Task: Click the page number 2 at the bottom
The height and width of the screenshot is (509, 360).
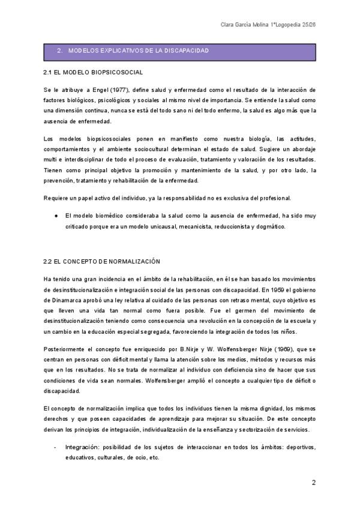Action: point(313,482)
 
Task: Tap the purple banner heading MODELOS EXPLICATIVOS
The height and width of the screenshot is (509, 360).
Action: point(139,51)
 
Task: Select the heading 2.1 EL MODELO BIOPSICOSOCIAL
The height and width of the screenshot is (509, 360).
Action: point(93,73)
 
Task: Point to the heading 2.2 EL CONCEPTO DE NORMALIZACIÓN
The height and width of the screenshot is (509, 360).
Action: point(102,262)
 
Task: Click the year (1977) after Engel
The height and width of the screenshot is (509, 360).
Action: point(120,89)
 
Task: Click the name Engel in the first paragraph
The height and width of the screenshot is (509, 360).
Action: point(98,89)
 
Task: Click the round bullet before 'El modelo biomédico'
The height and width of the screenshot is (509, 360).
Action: point(55,215)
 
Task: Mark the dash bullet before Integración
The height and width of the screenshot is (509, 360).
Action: point(55,447)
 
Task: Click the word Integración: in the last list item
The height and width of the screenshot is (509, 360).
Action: point(83,447)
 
